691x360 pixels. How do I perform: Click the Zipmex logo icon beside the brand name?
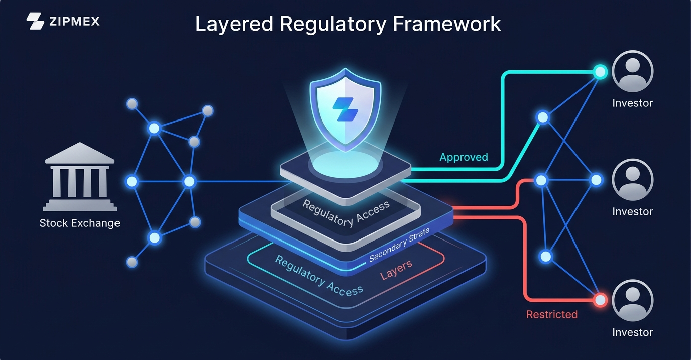pyautogui.click(x=35, y=21)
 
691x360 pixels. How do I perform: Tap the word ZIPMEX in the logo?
pyautogui.click(x=74, y=21)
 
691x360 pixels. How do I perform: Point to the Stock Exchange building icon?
pyautogui.click(x=80, y=176)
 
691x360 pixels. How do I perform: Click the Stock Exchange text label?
pyautogui.click(x=80, y=223)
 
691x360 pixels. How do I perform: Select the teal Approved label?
pyautogui.click(x=464, y=157)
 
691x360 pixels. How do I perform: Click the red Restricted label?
pyautogui.click(x=551, y=314)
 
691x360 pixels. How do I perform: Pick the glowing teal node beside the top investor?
pyautogui.click(x=600, y=72)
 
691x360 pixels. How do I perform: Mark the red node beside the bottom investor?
pyautogui.click(x=600, y=300)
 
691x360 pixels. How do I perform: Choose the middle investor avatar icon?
pyautogui.click(x=632, y=180)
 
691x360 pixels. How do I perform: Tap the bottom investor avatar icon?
pyautogui.click(x=632, y=301)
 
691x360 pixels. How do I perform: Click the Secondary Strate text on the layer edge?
pyautogui.click(x=399, y=246)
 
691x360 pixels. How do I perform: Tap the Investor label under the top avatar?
pyautogui.click(x=632, y=103)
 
